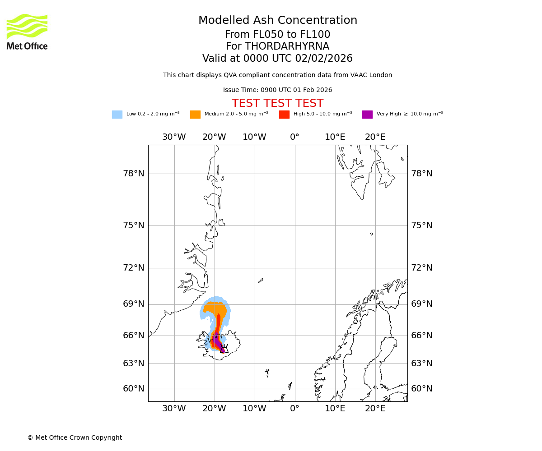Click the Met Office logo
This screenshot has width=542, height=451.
tap(27, 32)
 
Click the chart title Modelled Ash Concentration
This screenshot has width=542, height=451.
tap(277, 21)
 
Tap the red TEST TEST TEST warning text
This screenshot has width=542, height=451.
tap(277, 103)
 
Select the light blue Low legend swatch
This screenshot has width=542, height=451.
tap(117, 115)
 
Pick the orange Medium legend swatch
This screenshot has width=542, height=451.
tap(195, 115)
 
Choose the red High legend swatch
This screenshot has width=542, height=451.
tap(284, 115)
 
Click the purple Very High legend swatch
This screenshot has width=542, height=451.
tap(367, 115)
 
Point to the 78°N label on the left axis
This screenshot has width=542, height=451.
tap(134, 174)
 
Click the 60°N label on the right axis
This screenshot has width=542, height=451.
tap(421, 389)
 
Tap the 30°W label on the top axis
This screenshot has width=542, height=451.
tap(174, 137)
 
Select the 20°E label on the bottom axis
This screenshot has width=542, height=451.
tap(375, 409)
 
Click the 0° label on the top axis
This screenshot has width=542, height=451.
tap(294, 137)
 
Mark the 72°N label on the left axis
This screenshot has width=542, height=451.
tap(134, 268)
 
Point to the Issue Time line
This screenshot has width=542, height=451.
tap(277, 90)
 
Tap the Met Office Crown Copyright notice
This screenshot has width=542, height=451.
tap(75, 438)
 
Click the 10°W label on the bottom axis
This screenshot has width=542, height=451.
tap(254, 409)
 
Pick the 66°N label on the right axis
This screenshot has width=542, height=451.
tap(421, 336)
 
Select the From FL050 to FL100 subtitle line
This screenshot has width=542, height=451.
tap(277, 35)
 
